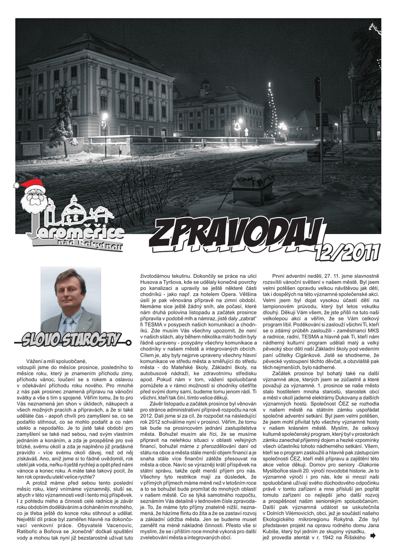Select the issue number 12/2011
(x=347, y=251)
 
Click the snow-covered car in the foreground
(x=252, y=186)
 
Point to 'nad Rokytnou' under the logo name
(x=90, y=247)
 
